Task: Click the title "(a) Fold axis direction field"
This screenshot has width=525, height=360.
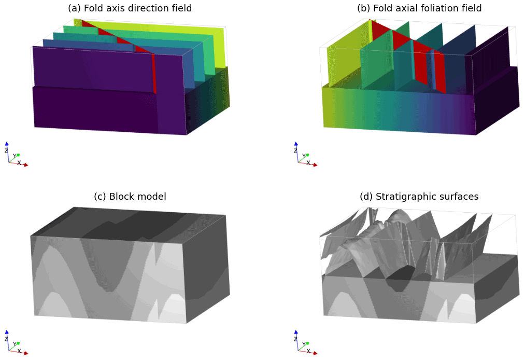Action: click(130, 8)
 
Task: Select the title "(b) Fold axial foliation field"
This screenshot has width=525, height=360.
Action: click(419, 8)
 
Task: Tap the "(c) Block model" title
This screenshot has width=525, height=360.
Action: click(130, 197)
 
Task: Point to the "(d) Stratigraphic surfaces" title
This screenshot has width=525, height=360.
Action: click(419, 197)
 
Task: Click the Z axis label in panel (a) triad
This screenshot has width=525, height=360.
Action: click(6, 150)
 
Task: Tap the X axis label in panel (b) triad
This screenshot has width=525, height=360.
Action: click(308, 163)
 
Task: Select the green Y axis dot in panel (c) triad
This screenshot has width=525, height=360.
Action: click(18, 342)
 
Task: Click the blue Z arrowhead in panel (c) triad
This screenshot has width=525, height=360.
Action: click(7, 332)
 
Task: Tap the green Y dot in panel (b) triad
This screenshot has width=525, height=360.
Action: click(307, 154)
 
